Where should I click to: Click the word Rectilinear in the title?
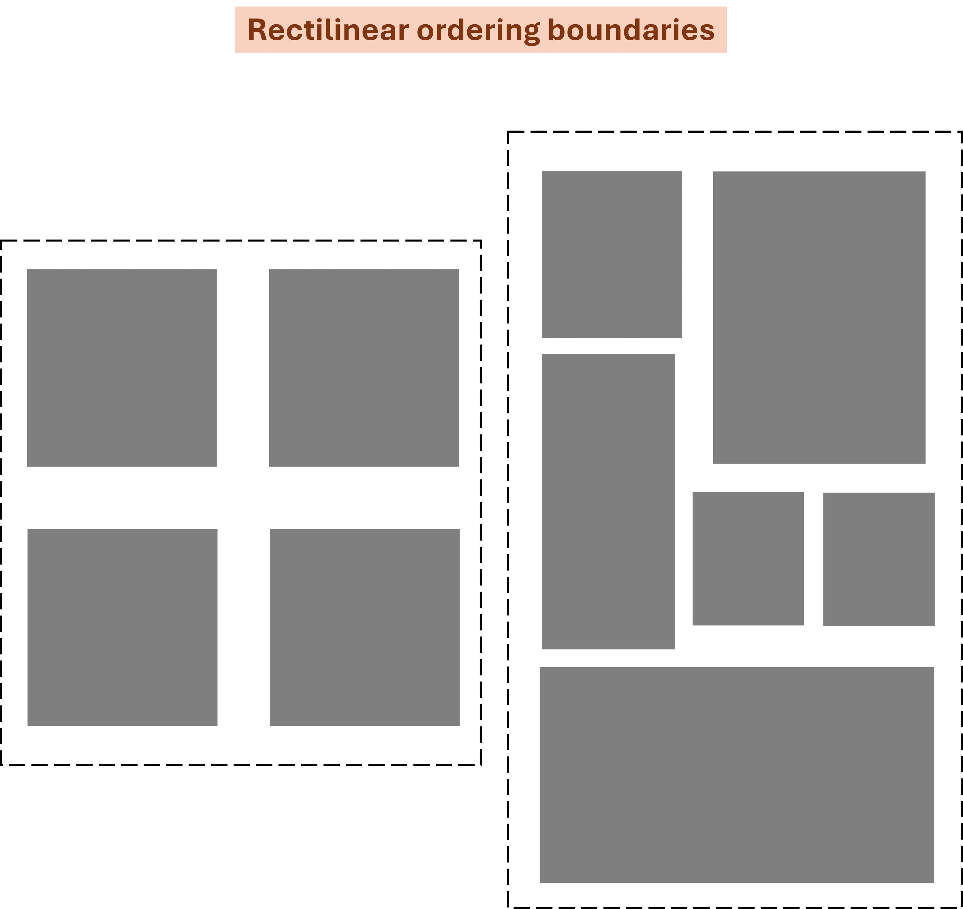(328, 30)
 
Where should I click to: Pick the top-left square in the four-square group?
(122, 368)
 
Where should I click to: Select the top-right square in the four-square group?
(364, 368)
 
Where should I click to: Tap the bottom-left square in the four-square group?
(122, 627)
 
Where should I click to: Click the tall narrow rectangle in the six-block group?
(608, 501)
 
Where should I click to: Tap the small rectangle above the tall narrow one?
(611, 254)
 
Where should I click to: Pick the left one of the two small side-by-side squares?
(748, 559)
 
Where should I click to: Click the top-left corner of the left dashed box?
(2, 240)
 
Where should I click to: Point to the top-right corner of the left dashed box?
(481, 240)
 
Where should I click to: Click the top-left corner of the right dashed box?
(508, 131)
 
